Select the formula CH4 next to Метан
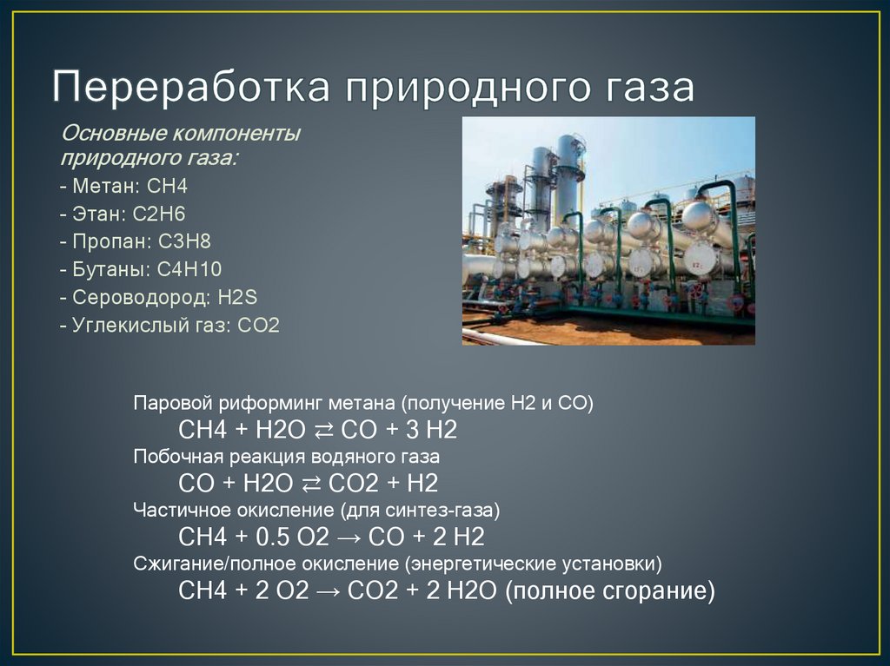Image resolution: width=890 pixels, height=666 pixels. coord(168,187)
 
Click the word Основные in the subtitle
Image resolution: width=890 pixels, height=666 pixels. coord(111,135)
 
